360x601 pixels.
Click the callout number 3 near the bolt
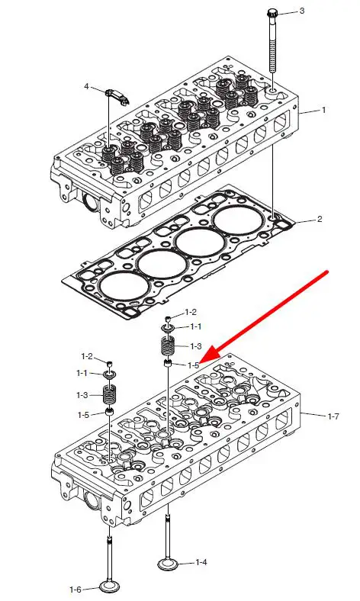click(302, 11)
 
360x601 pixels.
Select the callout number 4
click(86, 87)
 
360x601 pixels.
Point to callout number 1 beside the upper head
click(324, 110)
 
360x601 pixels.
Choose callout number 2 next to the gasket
click(320, 219)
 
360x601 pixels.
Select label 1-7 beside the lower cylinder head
click(333, 416)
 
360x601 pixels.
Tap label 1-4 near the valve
click(201, 562)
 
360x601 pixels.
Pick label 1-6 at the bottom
click(76, 590)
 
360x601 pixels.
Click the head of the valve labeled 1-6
click(110, 586)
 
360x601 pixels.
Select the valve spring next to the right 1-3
click(168, 345)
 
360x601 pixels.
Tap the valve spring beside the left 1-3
click(111, 395)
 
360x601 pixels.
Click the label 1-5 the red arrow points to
click(193, 365)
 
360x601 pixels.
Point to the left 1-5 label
click(84, 414)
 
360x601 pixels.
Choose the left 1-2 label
click(87, 356)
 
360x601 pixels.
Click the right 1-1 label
click(195, 326)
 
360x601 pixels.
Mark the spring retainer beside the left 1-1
click(110, 374)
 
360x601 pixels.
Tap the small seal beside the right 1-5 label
click(168, 363)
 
